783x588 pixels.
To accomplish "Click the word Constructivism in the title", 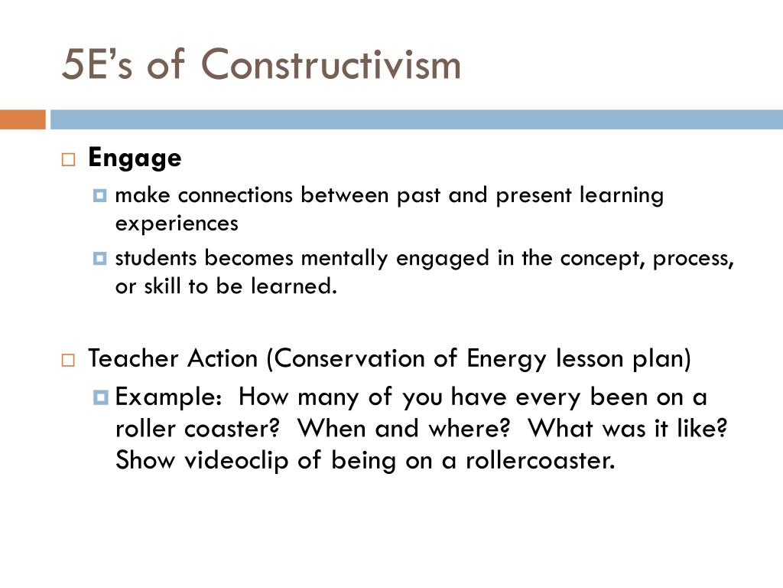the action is point(330,64).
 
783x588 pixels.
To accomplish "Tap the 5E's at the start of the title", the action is point(97,64).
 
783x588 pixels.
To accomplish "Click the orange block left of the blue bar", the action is point(22,119).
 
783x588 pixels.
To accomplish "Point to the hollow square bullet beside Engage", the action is point(68,159).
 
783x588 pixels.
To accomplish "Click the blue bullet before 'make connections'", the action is point(100,195).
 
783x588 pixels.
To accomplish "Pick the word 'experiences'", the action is point(177,224).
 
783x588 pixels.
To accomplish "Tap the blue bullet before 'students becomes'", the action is point(100,259).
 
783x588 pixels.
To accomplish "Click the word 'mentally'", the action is point(344,259).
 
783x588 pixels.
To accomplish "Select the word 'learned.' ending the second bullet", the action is point(294,286).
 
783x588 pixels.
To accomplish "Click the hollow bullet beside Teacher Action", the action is point(68,360).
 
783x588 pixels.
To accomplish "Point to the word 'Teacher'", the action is point(133,358).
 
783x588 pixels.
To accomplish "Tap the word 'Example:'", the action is point(168,397).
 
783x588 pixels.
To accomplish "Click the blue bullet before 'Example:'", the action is point(100,397).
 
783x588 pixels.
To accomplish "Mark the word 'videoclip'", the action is point(237,460).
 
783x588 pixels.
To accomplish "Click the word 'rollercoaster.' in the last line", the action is point(540,460).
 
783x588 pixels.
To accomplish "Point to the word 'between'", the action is point(345,195).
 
